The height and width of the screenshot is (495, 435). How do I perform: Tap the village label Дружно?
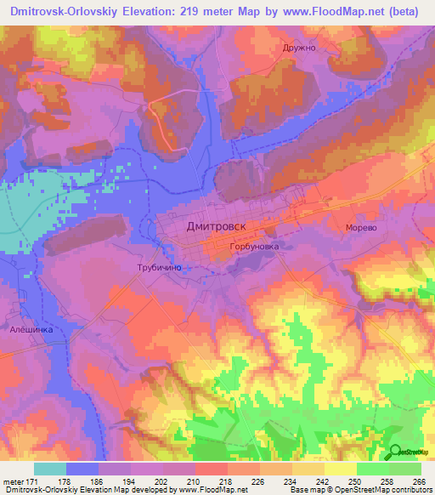[x=299, y=48]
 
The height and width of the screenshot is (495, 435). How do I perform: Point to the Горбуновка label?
[x=254, y=247]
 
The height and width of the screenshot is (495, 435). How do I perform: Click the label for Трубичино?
[x=160, y=267]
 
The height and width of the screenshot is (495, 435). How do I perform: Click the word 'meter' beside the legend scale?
[x=14, y=482]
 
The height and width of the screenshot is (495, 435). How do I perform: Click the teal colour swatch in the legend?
[x=50, y=469]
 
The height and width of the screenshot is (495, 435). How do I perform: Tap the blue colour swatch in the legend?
[x=82, y=469]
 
